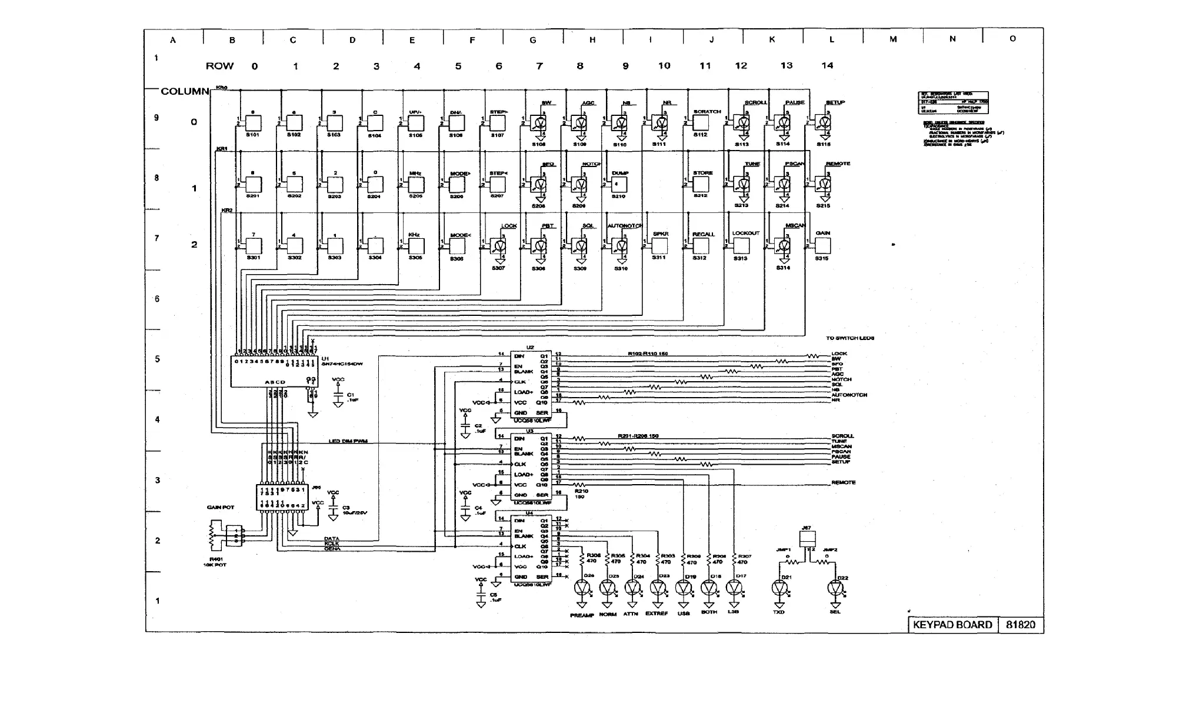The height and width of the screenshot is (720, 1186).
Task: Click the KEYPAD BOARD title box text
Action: pyautogui.click(x=952, y=625)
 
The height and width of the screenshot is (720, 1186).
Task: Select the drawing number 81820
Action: pyautogui.click(x=1020, y=625)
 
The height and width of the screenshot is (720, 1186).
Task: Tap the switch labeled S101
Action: pyautogui.click(x=253, y=123)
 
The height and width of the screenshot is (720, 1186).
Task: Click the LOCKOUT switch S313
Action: pyautogui.click(x=740, y=246)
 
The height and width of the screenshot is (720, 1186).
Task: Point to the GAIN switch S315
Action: pyautogui.click(x=822, y=246)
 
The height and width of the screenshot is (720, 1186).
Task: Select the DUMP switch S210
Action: pyautogui.click(x=618, y=184)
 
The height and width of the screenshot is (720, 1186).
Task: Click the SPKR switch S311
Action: pyautogui.click(x=659, y=246)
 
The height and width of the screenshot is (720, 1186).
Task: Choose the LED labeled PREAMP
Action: pyautogui.click(x=582, y=588)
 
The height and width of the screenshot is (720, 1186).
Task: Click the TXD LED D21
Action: pyautogui.click(x=779, y=588)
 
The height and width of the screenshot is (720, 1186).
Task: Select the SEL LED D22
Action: pyautogui.click(x=835, y=588)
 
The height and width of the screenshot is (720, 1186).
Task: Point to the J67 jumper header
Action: pyautogui.click(x=808, y=538)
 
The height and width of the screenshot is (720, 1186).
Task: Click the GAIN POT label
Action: pyautogui.click(x=221, y=507)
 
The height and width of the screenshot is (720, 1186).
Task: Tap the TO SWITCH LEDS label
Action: pyautogui.click(x=849, y=338)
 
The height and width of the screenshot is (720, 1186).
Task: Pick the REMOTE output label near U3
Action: pyautogui.click(x=844, y=482)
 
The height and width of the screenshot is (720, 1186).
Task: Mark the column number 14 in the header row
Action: pyautogui.click(x=827, y=65)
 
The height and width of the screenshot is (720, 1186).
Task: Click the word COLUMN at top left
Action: pyautogui.click(x=185, y=91)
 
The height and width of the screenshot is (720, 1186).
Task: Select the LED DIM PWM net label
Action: pyautogui.click(x=348, y=441)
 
